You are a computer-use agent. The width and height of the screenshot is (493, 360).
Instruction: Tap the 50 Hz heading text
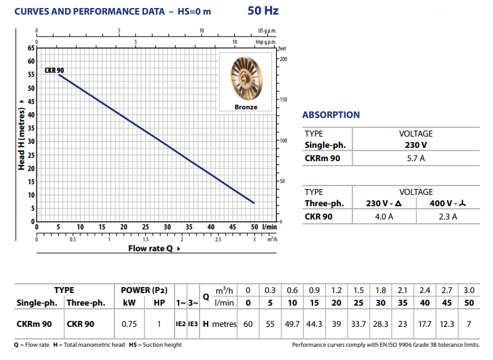click(263, 10)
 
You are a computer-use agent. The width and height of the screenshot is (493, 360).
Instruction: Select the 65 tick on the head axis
click(31, 48)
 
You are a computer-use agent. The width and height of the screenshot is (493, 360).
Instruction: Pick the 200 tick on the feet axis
click(283, 59)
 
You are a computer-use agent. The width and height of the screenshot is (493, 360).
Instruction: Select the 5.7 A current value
click(416, 158)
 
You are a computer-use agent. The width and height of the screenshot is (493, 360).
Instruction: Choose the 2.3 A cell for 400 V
click(448, 216)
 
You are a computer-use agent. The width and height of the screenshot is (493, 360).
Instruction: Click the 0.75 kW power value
click(130, 324)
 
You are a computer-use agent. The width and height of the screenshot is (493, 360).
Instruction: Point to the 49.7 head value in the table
click(292, 324)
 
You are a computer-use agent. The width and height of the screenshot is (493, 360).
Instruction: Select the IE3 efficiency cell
click(193, 324)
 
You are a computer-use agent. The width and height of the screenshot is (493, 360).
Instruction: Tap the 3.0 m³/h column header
click(469, 290)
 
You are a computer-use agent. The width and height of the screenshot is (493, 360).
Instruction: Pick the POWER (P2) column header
click(143, 290)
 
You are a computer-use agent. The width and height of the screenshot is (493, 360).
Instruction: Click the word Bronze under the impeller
click(246, 107)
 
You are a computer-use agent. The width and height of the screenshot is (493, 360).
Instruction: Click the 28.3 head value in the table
click(380, 324)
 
